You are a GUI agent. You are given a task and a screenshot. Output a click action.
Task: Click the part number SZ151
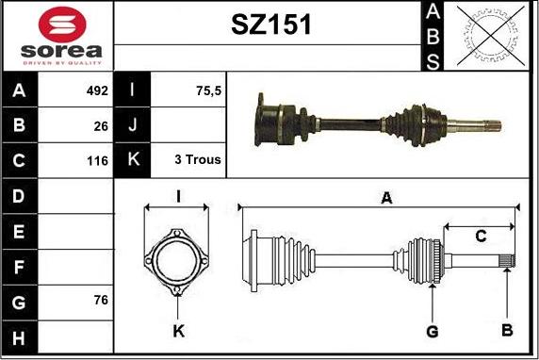270,25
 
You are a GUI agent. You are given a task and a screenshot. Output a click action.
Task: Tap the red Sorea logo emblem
62,25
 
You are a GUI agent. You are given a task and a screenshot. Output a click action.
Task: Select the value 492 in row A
97,90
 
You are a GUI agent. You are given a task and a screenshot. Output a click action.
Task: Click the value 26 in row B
101,126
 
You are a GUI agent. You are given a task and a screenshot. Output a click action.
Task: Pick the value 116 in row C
98,161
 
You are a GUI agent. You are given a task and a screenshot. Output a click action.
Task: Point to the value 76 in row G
101,300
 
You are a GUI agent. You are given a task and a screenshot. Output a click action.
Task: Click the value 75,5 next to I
208,90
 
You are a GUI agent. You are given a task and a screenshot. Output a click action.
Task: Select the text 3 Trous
198,159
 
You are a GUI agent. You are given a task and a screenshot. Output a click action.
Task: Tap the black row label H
19,337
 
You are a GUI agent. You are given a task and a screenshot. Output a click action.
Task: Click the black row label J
132,124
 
